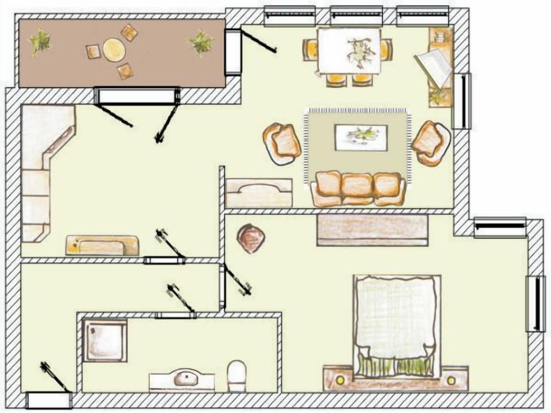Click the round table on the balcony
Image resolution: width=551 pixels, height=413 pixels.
(113, 49)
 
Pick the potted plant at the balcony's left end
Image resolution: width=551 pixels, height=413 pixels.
(40, 41)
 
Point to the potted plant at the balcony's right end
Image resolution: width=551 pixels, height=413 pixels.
(200, 42)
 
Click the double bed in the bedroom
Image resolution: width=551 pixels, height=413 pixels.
(397, 321)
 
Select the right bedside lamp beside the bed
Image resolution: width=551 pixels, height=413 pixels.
(452, 379)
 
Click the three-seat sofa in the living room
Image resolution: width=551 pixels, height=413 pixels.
(358, 187)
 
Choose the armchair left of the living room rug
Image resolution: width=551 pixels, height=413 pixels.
(282, 143)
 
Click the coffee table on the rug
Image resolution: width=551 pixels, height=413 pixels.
(360, 137)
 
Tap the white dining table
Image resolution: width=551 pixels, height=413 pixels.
(350, 50)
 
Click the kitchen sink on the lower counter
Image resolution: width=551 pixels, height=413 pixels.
(102, 246)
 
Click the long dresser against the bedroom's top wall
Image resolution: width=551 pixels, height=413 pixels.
(372, 229)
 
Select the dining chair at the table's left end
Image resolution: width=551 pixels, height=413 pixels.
(311, 50)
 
